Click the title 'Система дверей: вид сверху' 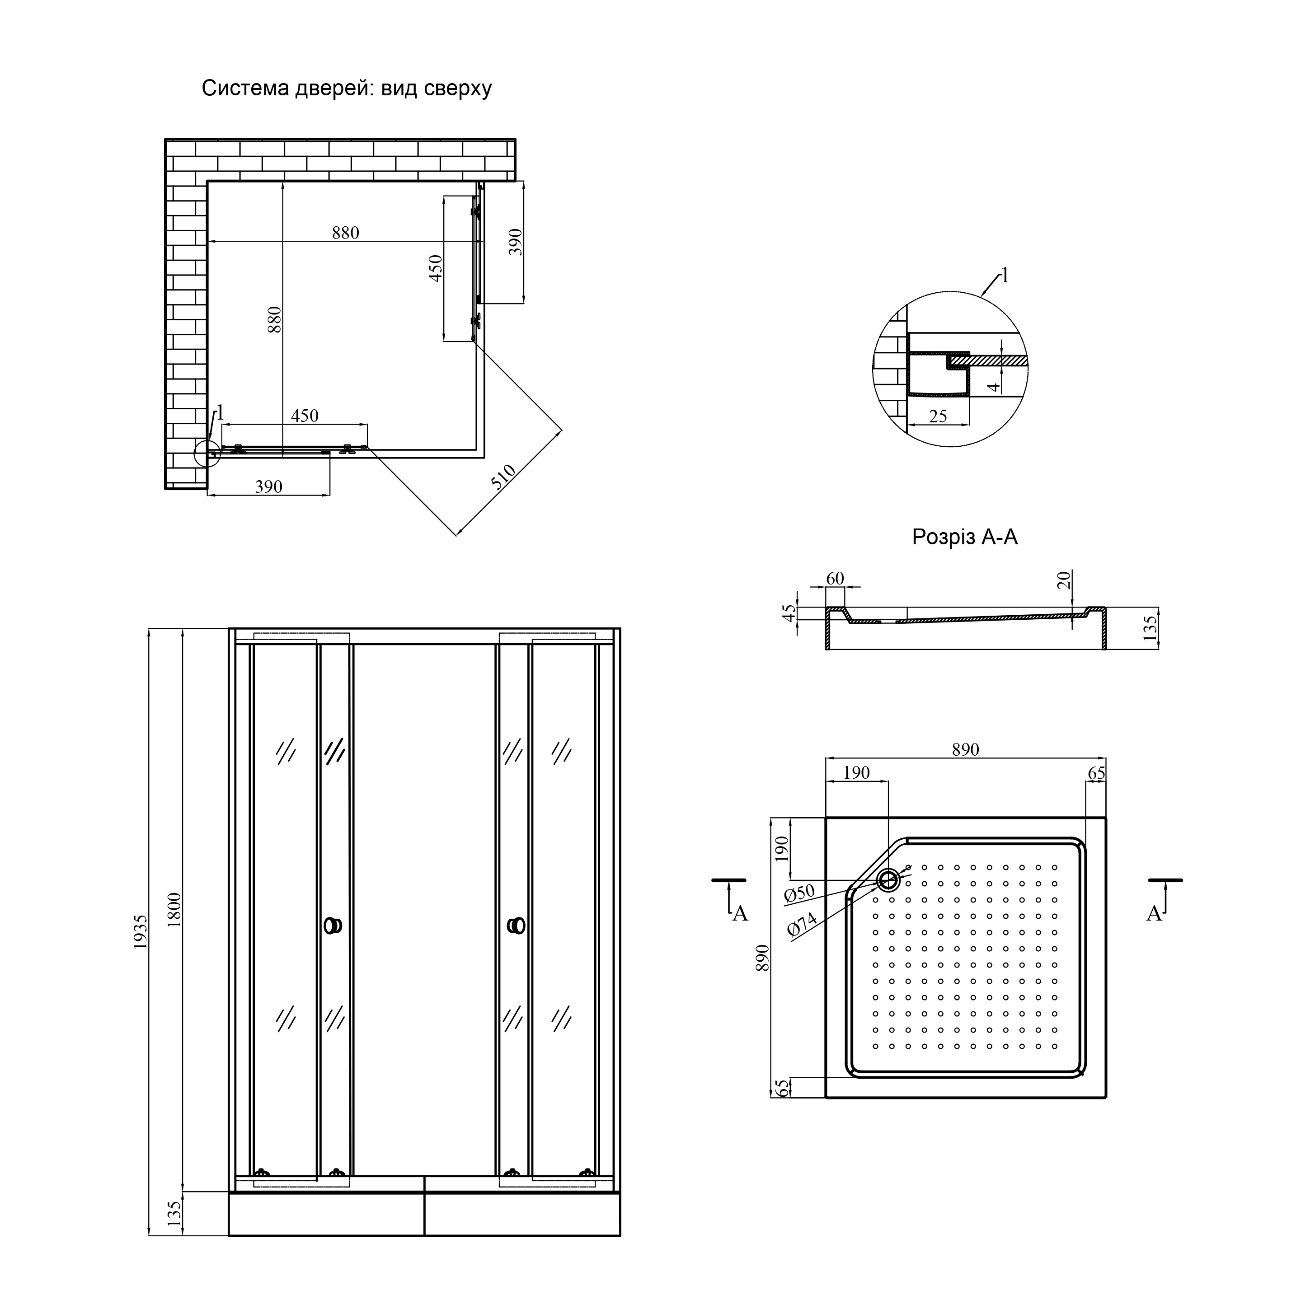tap(347, 89)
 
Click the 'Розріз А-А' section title tap(964, 538)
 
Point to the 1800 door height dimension tap(174, 909)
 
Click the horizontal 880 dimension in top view tap(345, 233)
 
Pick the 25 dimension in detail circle tap(938, 416)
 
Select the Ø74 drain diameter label tap(801, 926)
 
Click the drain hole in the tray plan tap(888, 880)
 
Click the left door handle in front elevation tap(333, 926)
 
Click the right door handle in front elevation tap(516, 926)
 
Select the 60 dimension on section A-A tap(835, 579)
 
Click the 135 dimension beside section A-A tap(1150, 628)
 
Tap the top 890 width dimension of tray tap(965, 749)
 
